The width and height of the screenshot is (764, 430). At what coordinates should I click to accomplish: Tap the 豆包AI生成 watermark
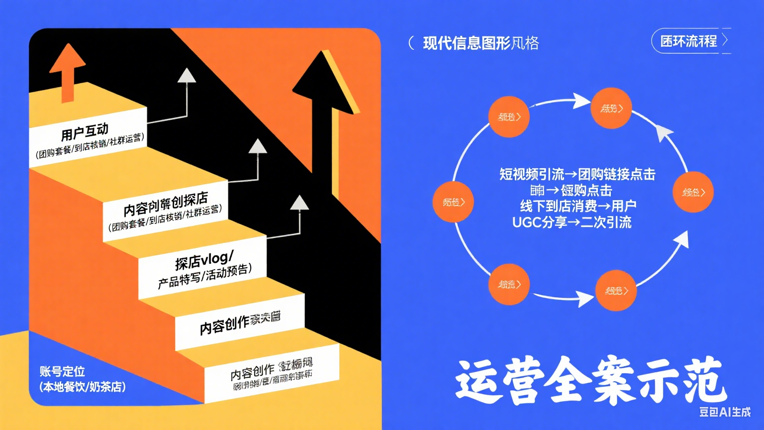pyautogui.click(x=724, y=412)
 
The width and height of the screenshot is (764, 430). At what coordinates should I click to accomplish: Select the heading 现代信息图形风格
pyautogui.click(x=480, y=43)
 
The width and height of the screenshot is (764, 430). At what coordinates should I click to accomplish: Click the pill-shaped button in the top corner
pyautogui.click(x=690, y=41)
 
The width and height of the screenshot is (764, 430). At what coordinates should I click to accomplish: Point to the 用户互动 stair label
pyautogui.click(x=85, y=132)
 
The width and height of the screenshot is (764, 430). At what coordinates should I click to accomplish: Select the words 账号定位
pyautogui.click(x=62, y=371)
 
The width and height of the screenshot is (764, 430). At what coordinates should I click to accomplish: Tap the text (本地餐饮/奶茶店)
pyautogui.click(x=83, y=387)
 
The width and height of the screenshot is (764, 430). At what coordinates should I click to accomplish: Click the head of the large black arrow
pyautogui.click(x=326, y=80)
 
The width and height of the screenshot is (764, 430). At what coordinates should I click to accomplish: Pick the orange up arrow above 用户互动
pyautogui.click(x=67, y=62)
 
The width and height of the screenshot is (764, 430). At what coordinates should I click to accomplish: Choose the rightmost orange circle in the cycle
pyautogui.click(x=693, y=192)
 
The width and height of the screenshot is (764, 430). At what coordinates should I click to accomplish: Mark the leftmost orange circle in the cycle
pyautogui.click(x=453, y=202)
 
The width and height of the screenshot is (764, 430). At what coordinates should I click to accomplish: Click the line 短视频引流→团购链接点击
pyautogui.click(x=577, y=174)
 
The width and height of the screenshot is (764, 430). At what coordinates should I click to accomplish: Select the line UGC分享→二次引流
pyautogui.click(x=572, y=222)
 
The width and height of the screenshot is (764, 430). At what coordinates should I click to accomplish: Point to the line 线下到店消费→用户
pyautogui.click(x=578, y=206)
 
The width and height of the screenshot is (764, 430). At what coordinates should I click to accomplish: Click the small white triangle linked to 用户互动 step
pyautogui.click(x=187, y=76)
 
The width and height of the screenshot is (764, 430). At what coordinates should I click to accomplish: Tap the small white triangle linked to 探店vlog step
pyautogui.click(x=299, y=203)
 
